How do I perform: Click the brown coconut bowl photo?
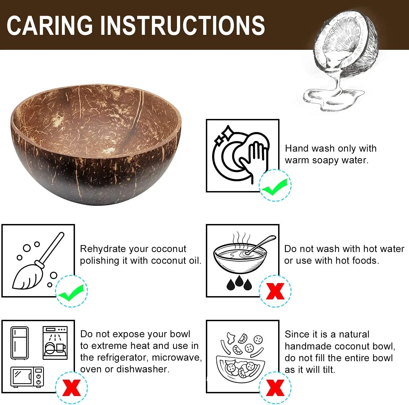point(96,144)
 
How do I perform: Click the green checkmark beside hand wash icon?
point(275,186)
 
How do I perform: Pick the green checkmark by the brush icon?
point(71,292)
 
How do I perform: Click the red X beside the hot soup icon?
point(275,291)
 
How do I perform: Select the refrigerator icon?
point(19,343)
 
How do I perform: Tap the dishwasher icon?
point(55,343)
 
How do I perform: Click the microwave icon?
point(27,377)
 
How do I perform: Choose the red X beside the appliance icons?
point(71,387)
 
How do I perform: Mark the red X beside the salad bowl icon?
point(275,387)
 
